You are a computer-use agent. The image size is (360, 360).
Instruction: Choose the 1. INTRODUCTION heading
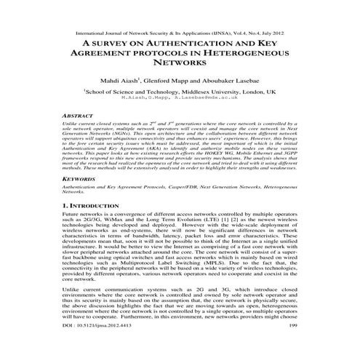tap(100, 207)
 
